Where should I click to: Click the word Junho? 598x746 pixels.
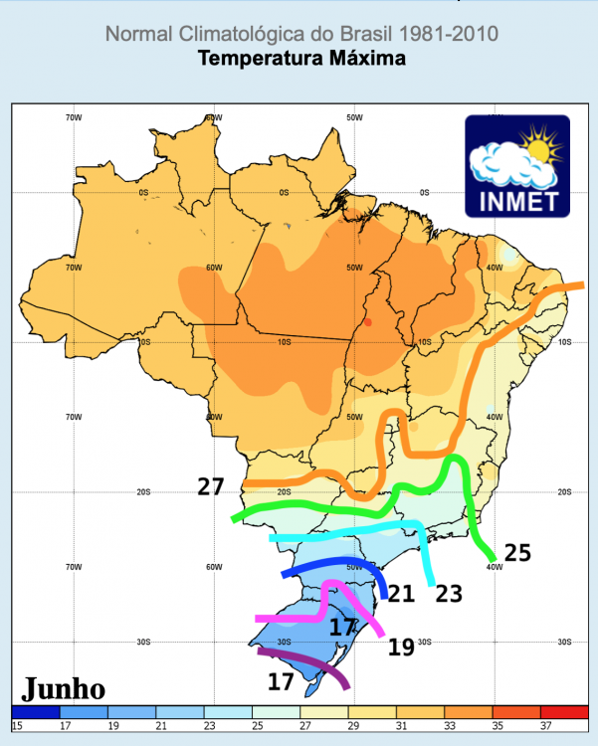click(x=64, y=688)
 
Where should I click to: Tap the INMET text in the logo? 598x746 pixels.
click(x=517, y=200)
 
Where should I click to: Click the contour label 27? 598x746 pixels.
click(x=211, y=487)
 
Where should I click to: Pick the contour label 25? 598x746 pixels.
click(x=517, y=553)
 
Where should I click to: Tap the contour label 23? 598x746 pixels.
click(x=449, y=594)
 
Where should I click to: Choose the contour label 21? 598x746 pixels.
click(x=400, y=594)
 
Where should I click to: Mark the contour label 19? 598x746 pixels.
click(x=401, y=648)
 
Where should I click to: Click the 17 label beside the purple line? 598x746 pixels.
click(x=282, y=681)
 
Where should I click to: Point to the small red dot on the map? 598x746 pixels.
click(x=368, y=322)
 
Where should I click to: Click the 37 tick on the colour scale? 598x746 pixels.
click(x=546, y=725)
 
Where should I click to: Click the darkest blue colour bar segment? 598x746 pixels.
click(x=36, y=712)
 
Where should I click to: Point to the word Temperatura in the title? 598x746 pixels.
click(x=256, y=59)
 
